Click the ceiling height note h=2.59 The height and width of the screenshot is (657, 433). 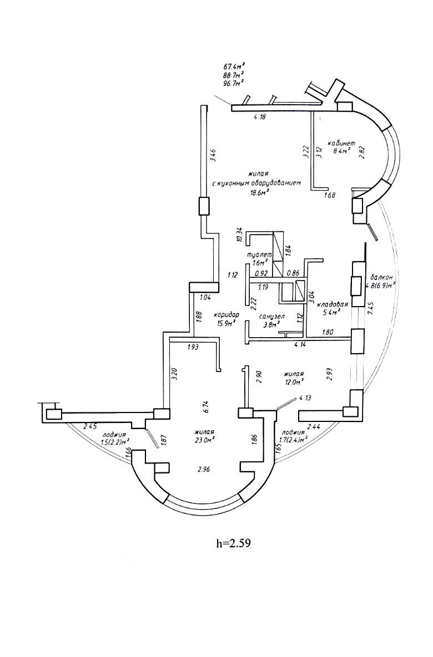233,543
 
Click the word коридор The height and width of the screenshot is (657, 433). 226,314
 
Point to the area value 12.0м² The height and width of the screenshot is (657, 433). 294,382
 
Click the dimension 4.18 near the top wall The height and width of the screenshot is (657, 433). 260,117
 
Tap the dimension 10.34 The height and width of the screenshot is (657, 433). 239,235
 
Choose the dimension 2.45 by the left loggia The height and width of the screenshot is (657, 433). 90,427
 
